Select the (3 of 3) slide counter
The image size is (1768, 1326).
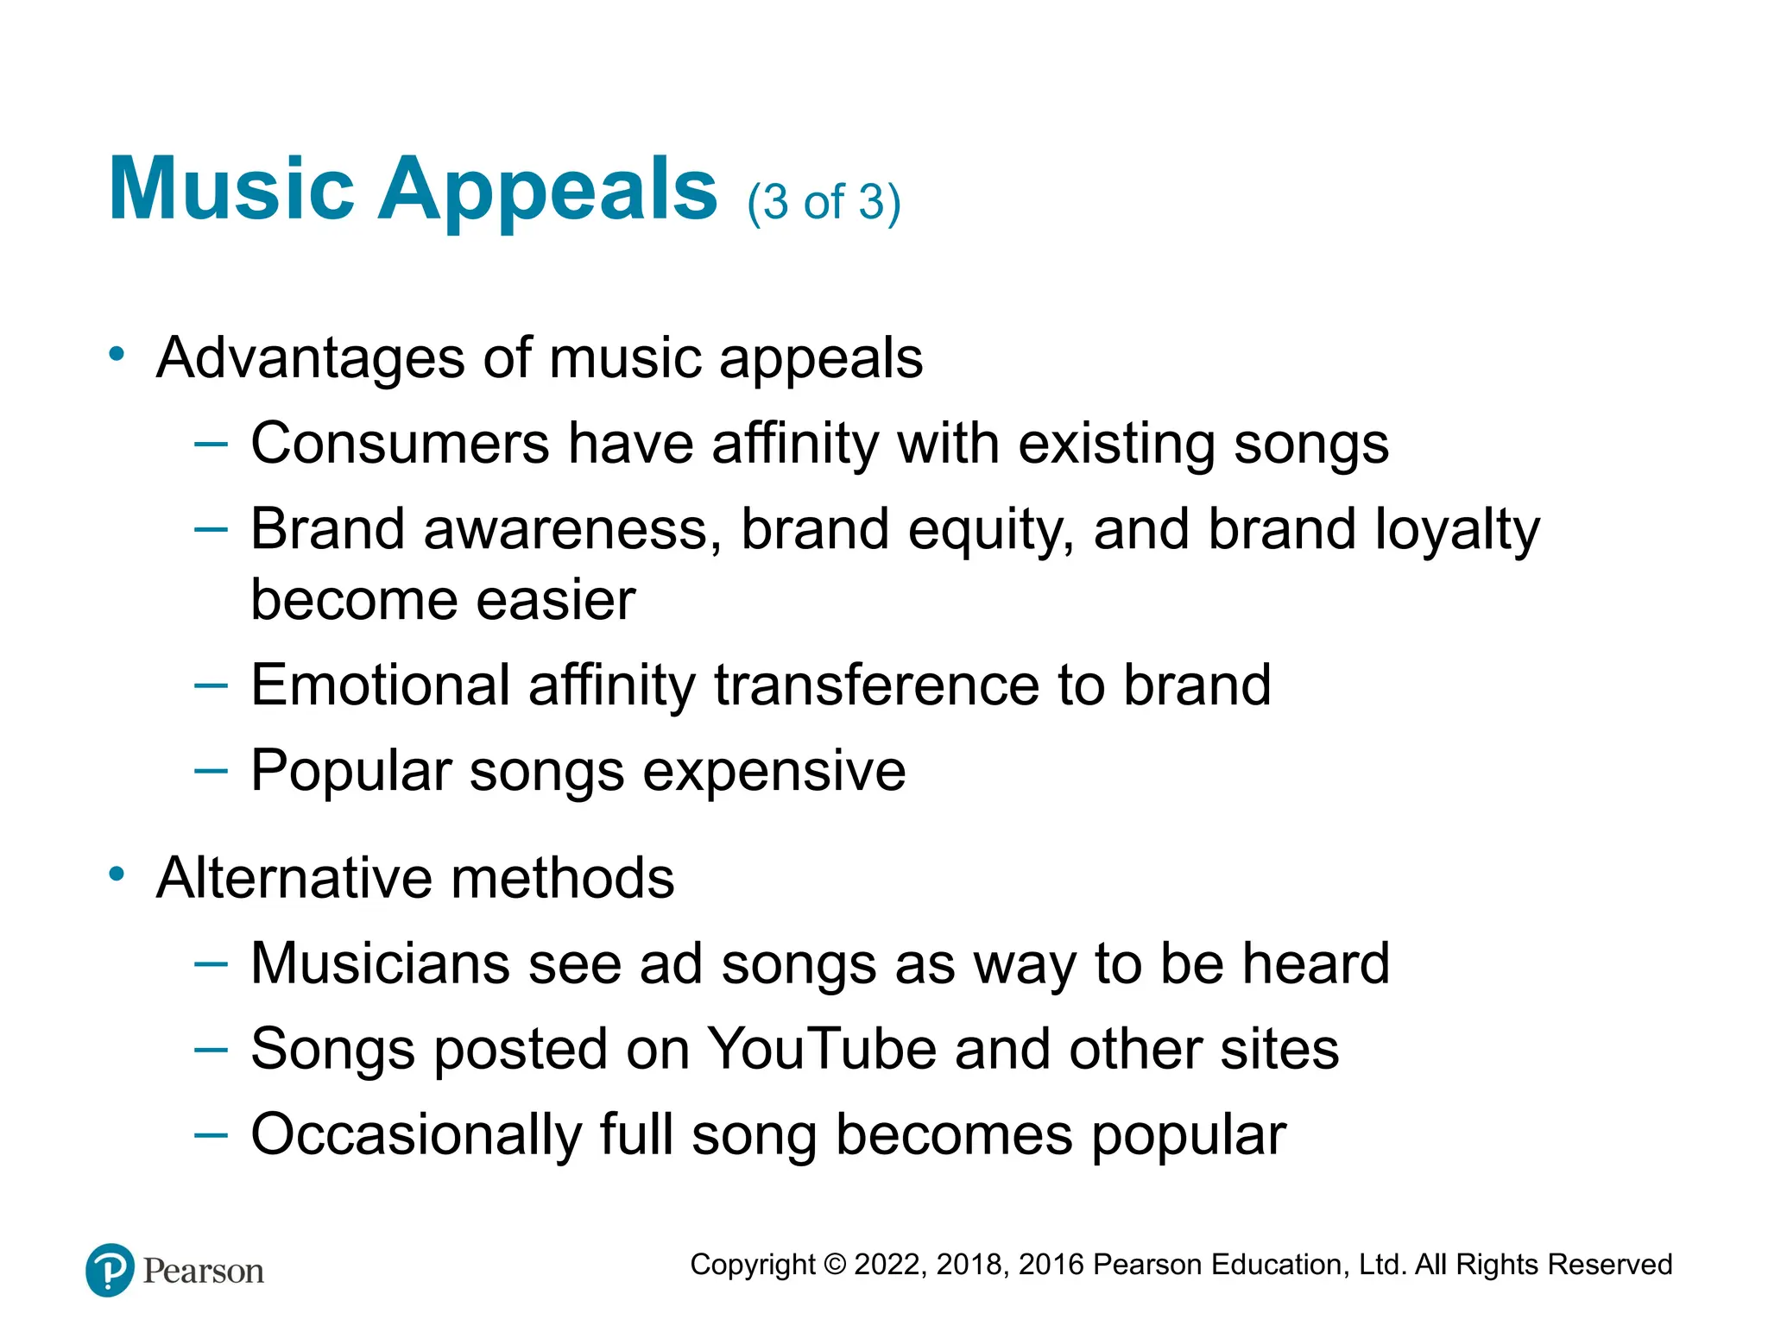824,203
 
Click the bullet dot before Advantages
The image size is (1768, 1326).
117,354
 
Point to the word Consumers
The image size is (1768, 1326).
400,444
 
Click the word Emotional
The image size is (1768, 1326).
380,685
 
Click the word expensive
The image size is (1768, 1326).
774,771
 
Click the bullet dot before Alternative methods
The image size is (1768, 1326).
117,875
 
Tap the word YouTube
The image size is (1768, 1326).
822,1050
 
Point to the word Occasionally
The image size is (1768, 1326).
416,1135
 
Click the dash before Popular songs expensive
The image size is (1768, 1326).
211,769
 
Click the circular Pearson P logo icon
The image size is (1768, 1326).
110,1270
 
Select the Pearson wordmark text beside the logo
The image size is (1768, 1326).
204,1272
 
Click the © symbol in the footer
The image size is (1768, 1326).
835,1265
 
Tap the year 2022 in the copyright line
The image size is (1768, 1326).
889,1265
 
